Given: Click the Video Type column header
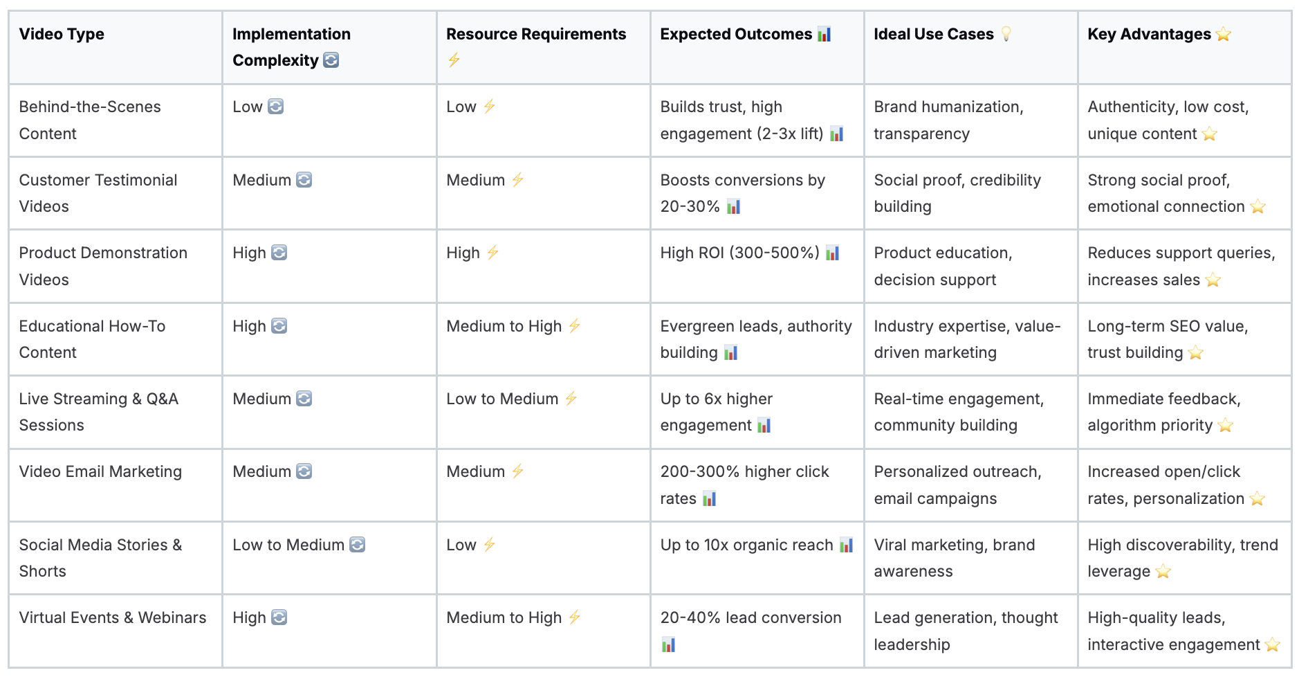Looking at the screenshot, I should tap(62, 34).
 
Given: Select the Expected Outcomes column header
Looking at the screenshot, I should tap(736, 34).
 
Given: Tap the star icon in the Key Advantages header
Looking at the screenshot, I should tap(1223, 34).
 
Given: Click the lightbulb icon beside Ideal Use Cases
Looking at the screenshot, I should tap(1006, 34).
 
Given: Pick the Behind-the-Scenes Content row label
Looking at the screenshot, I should tap(90, 120).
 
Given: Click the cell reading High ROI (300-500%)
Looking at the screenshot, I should tap(739, 253).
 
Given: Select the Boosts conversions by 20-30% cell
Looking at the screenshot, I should tap(742, 193).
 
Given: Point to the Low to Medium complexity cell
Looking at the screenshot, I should tap(288, 545).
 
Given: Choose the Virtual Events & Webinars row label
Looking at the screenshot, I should tap(113, 617).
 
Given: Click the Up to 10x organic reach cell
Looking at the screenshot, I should tap(746, 545).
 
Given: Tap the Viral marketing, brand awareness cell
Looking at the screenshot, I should tap(954, 558).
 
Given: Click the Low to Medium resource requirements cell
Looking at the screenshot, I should tap(502, 399).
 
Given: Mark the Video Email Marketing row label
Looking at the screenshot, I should tap(100, 471).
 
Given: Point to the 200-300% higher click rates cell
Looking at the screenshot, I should tap(744, 485).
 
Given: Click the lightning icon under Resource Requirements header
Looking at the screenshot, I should tap(454, 60).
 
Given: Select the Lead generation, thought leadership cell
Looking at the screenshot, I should tap(966, 631).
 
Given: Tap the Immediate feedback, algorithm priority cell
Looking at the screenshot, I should tap(1163, 412).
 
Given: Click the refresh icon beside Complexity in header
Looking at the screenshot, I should tap(331, 60).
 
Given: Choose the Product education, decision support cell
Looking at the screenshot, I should tap(943, 266).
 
